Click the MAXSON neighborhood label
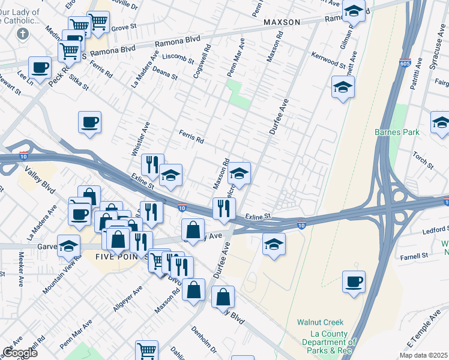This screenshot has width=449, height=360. [281, 22]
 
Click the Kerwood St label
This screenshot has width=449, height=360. [328, 60]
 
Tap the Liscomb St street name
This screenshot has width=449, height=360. [175, 58]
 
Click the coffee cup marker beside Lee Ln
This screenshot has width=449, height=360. [40, 67]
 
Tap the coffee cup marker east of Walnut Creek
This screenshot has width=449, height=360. [354, 281]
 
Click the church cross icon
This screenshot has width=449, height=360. [22, 34]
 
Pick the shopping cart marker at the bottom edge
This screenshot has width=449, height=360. [146, 350]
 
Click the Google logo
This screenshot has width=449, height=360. [19, 352]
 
